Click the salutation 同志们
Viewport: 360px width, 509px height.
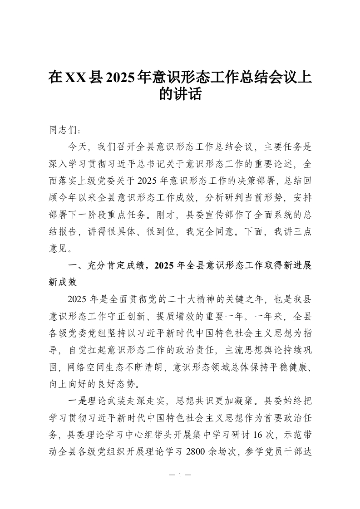63,130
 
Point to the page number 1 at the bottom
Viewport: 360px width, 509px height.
180,475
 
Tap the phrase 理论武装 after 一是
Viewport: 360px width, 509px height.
106,401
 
